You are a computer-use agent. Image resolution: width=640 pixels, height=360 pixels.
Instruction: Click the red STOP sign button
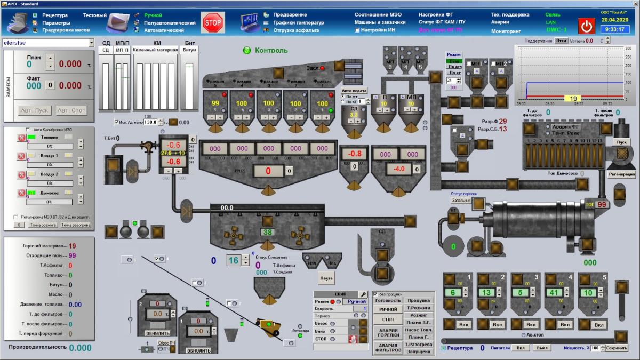point(213,23)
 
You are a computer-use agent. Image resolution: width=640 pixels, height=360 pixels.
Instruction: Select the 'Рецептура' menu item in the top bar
point(55,15)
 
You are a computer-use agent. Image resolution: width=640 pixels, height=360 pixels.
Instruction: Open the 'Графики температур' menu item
point(298,22)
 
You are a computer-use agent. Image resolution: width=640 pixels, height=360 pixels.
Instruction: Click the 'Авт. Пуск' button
point(34,110)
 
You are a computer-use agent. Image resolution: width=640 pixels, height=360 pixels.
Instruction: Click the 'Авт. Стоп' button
point(71,110)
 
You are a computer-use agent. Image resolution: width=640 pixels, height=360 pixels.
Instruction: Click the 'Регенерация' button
point(622,174)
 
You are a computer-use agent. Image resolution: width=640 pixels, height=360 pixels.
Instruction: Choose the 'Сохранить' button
point(617,348)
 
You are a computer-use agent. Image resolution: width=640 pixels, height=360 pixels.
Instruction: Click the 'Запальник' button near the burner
point(461,201)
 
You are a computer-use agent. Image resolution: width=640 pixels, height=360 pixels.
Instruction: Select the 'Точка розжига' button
point(43,225)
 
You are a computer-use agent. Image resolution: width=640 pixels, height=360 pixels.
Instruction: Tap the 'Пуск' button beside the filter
point(621,142)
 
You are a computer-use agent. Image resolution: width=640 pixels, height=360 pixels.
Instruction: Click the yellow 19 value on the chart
point(574,99)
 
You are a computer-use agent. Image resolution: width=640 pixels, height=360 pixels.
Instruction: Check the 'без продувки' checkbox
point(375,294)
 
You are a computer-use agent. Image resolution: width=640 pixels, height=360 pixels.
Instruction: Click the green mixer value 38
point(268,232)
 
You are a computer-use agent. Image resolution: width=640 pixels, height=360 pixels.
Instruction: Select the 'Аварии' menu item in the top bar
point(500,22)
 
